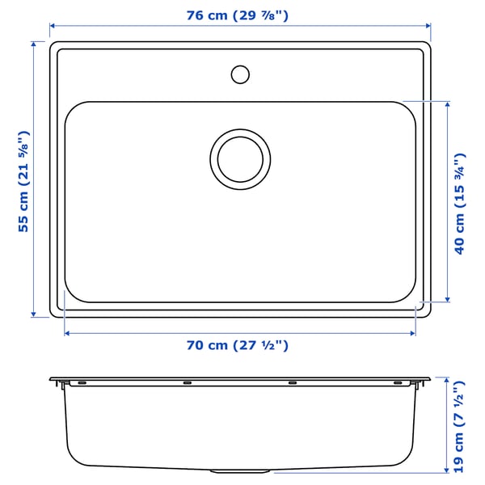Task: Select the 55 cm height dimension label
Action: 24,180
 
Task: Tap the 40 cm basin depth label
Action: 459,203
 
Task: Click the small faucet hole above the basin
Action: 240,74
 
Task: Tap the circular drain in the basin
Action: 240,157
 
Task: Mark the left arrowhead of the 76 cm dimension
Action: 53,26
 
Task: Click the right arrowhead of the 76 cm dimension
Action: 427,26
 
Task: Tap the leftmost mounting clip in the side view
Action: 81,382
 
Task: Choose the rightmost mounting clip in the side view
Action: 398,382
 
